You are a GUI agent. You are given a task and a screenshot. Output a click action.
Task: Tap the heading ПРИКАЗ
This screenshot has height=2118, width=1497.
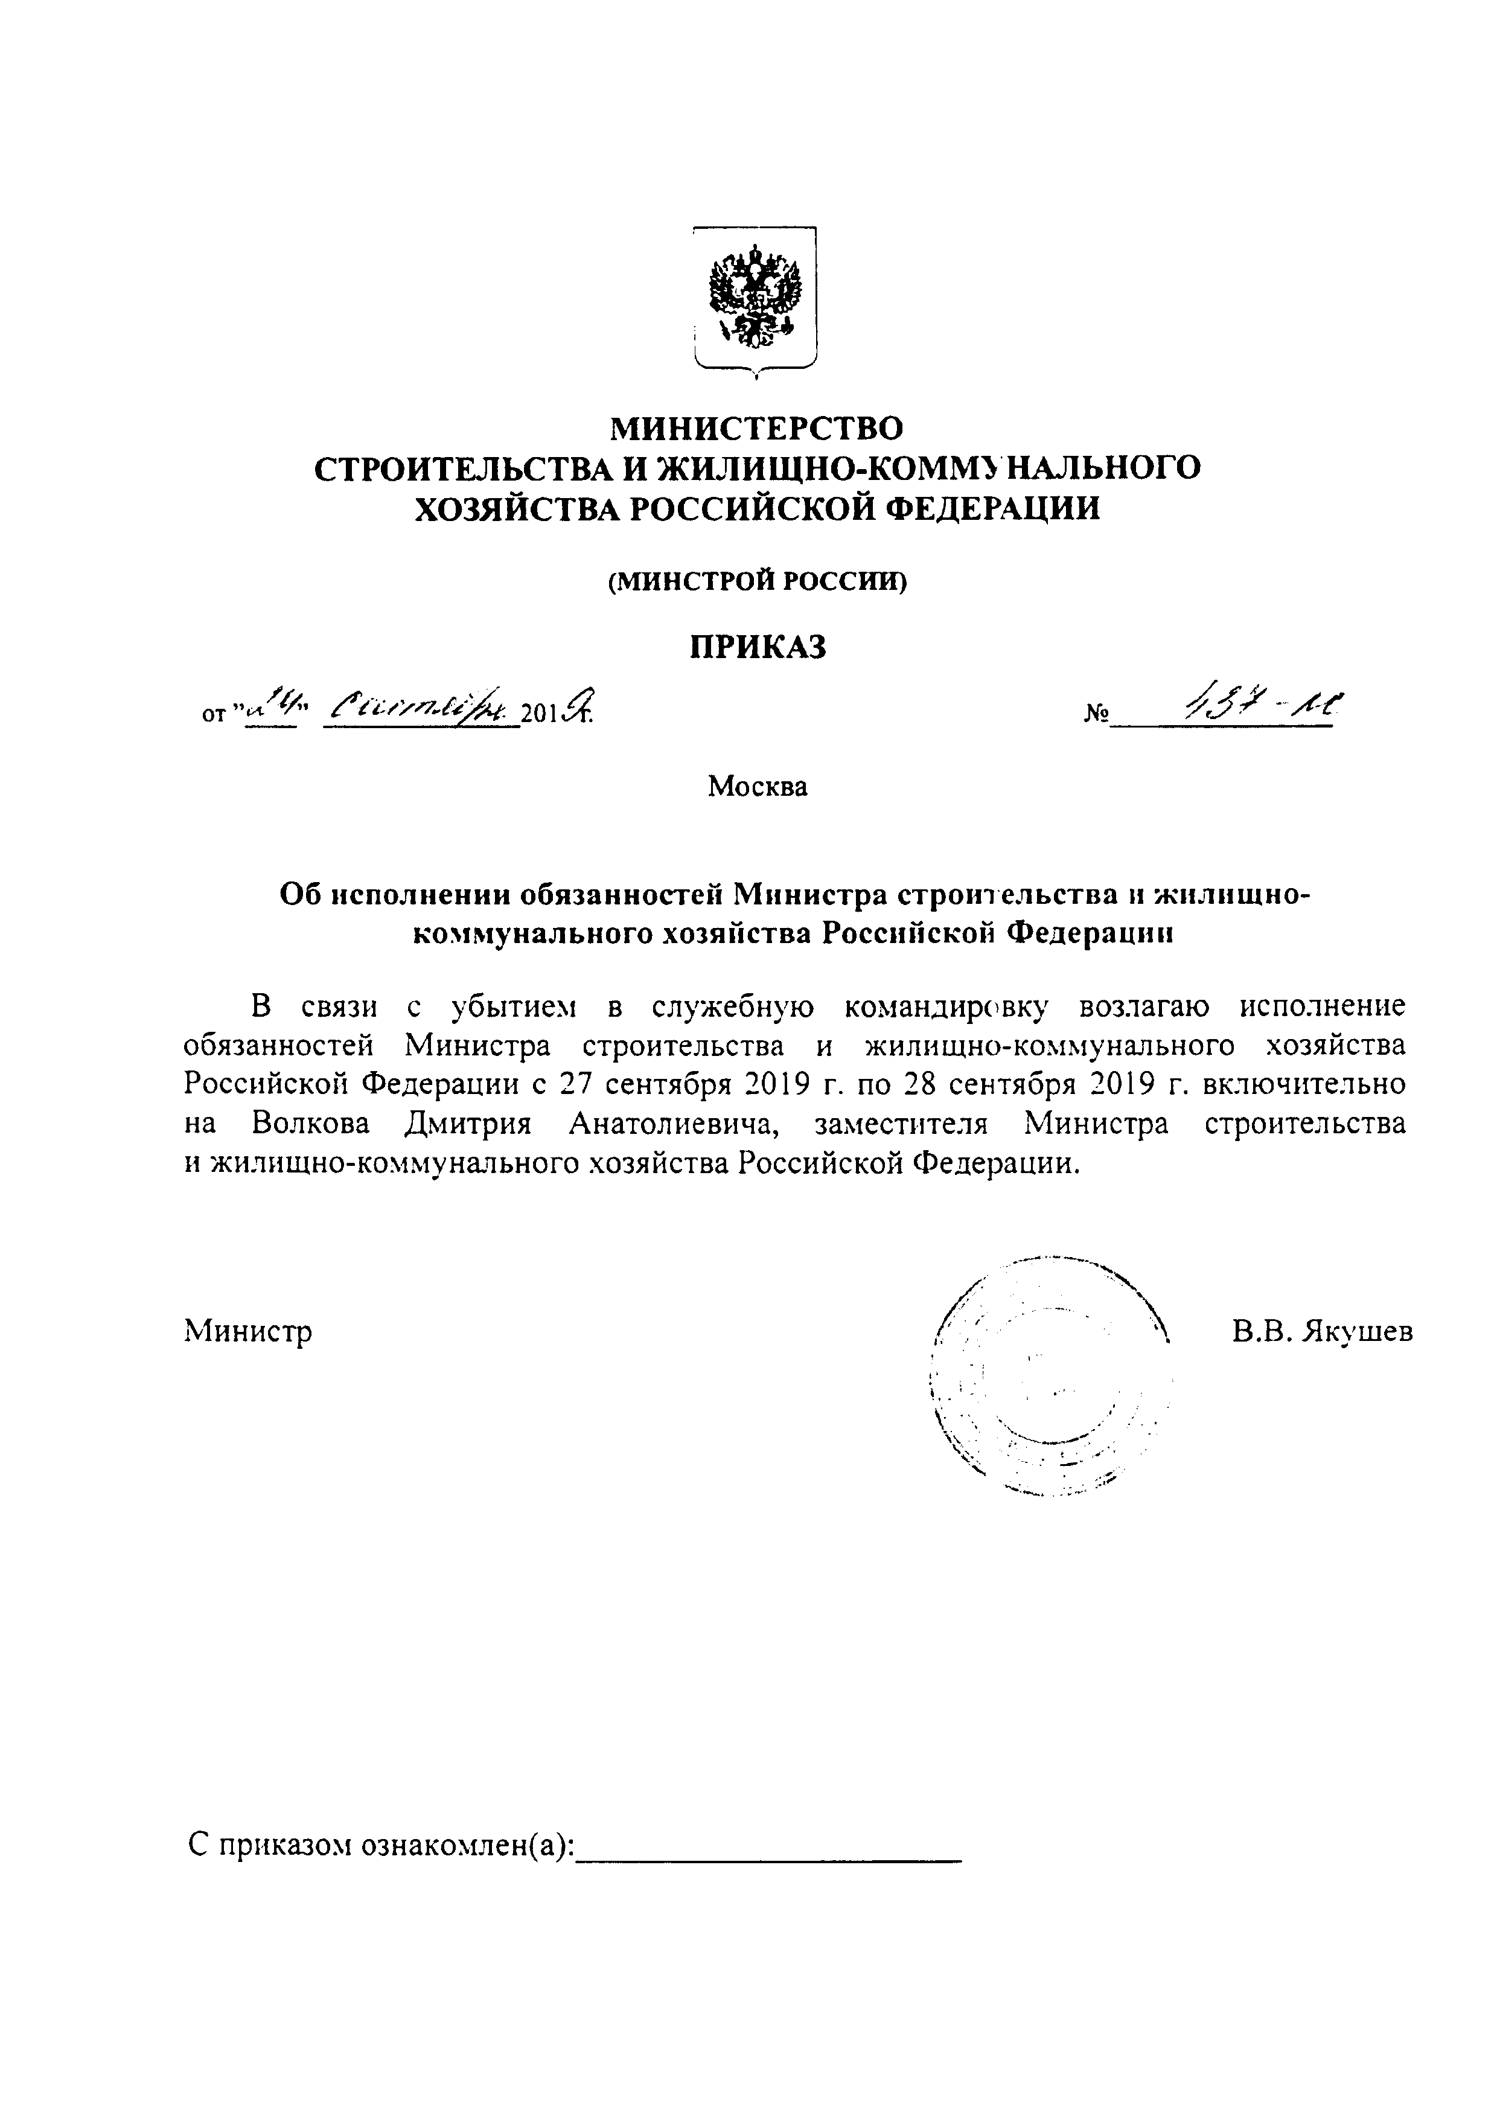click(758, 648)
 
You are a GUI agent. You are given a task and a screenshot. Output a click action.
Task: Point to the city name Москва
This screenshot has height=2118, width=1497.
click(758, 786)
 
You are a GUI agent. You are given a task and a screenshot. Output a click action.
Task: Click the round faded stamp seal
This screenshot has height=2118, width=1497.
click(1052, 1375)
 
